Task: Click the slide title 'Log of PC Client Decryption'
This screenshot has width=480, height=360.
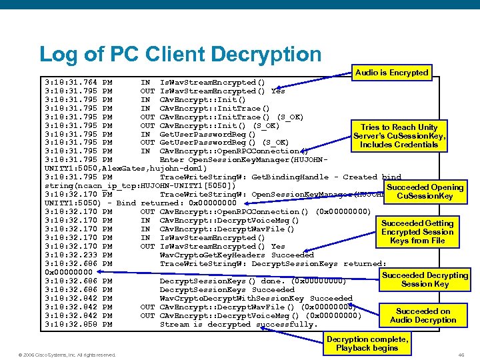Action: click(x=180, y=55)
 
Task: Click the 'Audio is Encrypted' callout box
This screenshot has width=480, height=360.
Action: click(x=391, y=72)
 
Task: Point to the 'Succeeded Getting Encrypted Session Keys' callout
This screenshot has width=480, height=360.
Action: click(x=417, y=231)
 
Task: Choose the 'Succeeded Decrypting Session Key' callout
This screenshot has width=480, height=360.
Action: click(x=425, y=279)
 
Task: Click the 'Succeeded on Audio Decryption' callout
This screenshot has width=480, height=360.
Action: click(x=423, y=315)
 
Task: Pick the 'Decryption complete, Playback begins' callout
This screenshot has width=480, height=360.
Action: click(x=367, y=343)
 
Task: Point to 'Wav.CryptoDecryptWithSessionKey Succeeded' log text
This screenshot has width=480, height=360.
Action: click(x=247, y=298)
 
